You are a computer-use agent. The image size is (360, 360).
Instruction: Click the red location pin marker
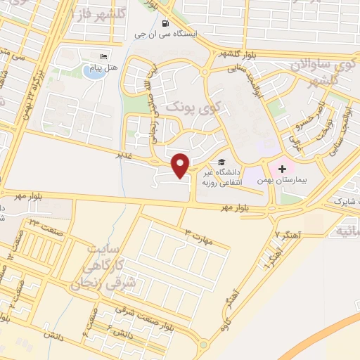(181, 165)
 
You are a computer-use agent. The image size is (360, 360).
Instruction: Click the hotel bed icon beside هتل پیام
(104, 58)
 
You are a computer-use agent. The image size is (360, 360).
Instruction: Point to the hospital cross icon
(282, 169)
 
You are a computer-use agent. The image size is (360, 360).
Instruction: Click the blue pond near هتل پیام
(92, 71)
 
